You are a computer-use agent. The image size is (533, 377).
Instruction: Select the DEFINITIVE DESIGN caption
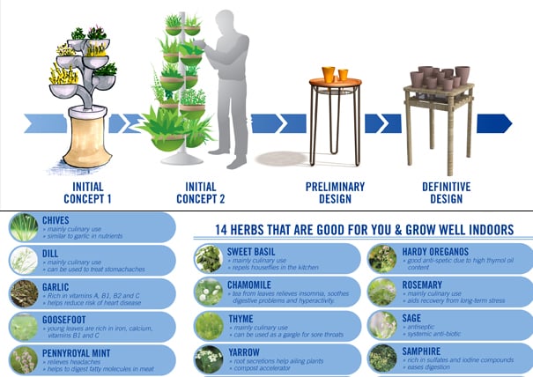pos(447,191)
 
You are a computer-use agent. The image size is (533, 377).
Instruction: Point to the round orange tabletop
pos(335,83)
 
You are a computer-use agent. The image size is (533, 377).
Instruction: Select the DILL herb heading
pos(51,253)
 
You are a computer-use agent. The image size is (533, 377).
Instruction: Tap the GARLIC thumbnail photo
pos(24,292)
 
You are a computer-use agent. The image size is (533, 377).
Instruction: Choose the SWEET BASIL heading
pos(253,251)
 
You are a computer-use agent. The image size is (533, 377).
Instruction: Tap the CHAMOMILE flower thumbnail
pos(210,291)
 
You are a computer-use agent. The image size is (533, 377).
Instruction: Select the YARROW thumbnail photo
pos(210,358)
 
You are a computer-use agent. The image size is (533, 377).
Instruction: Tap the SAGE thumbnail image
pos(382,324)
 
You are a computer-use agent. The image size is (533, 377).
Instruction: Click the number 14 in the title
pos(225,230)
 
